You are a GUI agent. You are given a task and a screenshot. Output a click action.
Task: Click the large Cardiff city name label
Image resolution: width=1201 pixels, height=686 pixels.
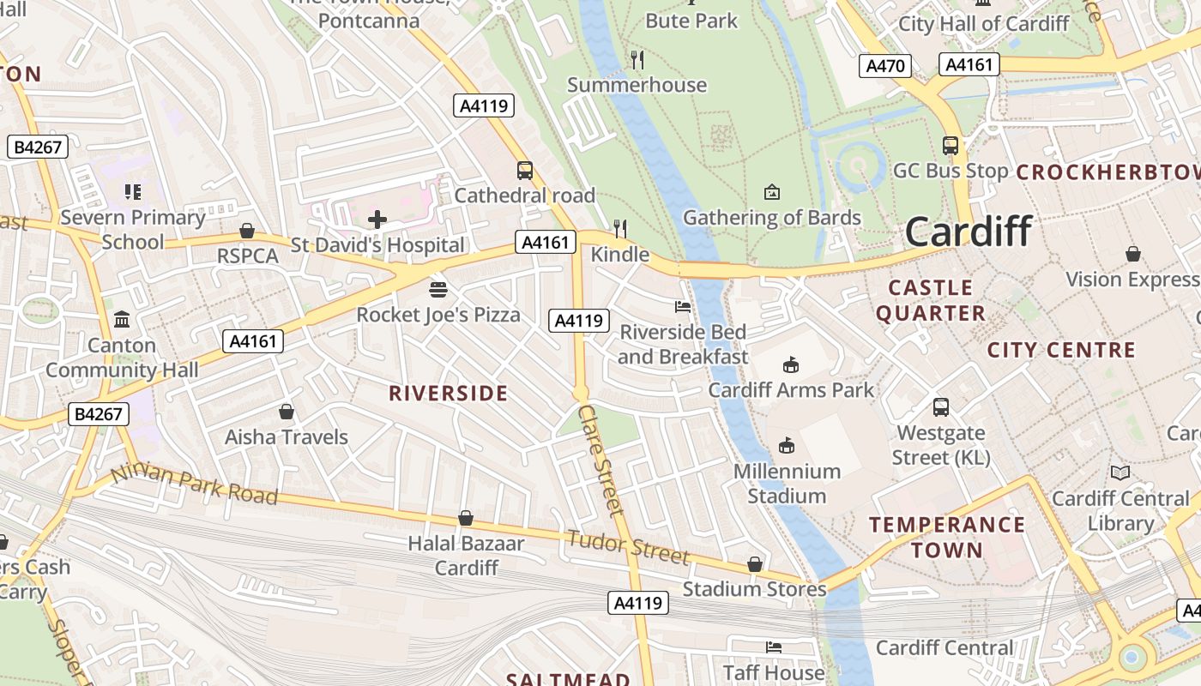point(969,232)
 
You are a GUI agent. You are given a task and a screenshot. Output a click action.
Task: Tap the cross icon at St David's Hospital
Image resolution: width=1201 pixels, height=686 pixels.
point(377,220)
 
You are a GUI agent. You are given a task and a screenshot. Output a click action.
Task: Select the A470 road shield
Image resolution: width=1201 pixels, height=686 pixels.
point(885,66)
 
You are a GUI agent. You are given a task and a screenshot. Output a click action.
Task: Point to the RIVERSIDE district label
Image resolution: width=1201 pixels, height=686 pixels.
point(449,394)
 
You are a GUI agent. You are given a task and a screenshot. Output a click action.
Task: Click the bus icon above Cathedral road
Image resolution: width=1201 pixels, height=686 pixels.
point(524,171)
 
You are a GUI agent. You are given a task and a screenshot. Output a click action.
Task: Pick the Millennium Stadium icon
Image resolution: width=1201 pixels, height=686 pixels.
point(786,445)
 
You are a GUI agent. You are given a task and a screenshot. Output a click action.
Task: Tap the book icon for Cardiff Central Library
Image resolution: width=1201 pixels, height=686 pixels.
point(1120,472)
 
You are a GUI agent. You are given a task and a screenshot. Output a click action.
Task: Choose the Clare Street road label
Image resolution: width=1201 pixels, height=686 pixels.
point(600,460)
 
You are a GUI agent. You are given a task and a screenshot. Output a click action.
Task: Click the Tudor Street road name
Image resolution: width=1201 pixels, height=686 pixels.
point(628,546)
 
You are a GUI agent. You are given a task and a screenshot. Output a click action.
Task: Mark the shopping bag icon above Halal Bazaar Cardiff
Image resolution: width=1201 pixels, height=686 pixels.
point(465,518)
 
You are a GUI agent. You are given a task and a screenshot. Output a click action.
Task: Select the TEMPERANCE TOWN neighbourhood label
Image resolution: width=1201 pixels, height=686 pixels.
point(947,537)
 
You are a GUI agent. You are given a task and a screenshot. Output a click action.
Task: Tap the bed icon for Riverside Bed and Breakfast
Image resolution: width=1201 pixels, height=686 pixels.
point(683,306)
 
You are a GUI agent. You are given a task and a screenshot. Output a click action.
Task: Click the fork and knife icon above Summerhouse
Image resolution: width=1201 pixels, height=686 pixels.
point(637,59)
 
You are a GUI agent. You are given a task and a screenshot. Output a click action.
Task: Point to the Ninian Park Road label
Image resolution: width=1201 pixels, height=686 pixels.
point(195,484)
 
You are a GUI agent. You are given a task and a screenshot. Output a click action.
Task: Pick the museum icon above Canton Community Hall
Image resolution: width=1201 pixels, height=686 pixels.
point(122,320)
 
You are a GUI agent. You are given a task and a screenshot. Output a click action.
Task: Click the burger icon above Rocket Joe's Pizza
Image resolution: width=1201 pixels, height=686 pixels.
point(438,289)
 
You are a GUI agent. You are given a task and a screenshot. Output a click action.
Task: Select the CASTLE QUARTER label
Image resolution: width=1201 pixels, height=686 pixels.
point(931,300)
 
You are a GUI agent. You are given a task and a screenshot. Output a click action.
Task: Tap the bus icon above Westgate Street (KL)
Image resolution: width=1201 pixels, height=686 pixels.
point(941,407)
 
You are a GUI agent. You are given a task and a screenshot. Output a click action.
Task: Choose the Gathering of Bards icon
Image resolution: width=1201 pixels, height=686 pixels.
point(772,191)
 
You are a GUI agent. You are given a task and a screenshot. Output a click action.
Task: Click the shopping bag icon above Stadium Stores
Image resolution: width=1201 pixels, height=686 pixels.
point(755,564)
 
